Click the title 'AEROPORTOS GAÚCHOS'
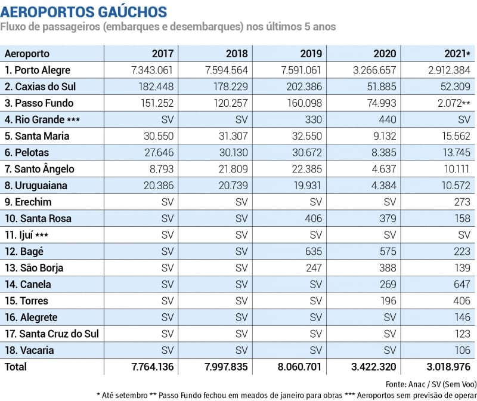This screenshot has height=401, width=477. click(84, 11)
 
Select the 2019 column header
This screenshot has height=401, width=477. click(313, 54)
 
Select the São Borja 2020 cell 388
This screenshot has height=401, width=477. click(387, 268)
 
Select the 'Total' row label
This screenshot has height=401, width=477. click(16, 366)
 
